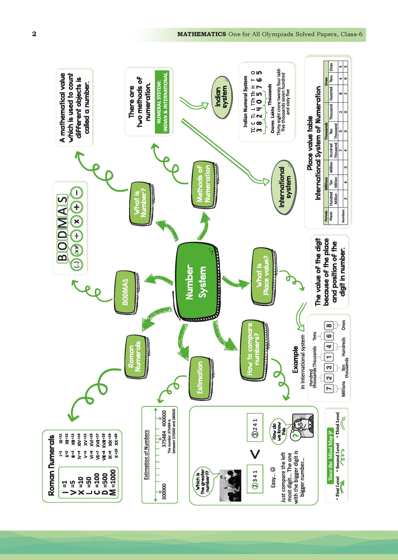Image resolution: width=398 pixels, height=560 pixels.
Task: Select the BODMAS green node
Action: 125,292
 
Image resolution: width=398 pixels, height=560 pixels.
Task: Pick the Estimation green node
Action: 201,378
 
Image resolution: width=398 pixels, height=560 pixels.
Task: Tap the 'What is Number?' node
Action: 140,202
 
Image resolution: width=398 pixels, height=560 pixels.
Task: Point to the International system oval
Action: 283,187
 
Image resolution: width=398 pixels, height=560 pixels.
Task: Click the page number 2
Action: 34,34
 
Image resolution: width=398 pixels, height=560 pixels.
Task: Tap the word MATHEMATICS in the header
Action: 201,34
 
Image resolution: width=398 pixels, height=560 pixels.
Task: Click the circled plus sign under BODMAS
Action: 77,207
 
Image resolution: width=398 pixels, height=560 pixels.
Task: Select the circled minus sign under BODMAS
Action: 77,192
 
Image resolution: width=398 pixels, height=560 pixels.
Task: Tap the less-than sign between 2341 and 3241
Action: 255,454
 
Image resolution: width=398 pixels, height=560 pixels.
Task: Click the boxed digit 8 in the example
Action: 329,326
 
